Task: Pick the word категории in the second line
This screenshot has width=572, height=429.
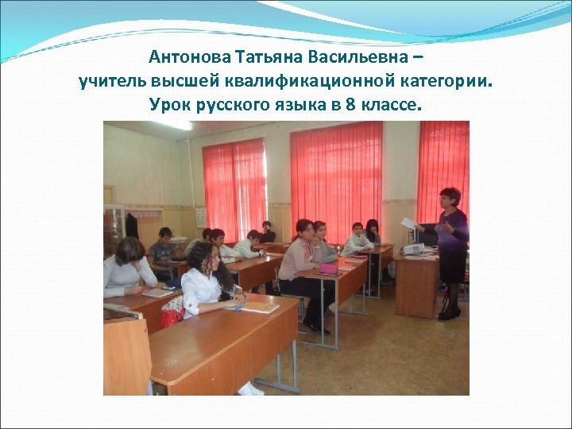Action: click(452, 82)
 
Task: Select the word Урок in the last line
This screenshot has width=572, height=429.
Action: click(168, 105)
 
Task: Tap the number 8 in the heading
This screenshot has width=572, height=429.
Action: click(351, 105)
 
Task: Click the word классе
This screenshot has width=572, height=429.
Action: click(391, 105)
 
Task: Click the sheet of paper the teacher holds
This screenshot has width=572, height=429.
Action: click(408, 223)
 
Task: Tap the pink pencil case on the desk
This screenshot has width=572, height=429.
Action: click(328, 269)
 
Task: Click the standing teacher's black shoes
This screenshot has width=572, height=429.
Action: click(448, 313)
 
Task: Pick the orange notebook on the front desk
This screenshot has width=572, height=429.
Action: click(258, 303)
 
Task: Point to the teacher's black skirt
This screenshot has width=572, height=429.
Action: click(453, 266)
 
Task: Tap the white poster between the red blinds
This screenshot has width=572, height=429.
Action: click(201, 217)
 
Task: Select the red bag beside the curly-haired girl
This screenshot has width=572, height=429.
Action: click(172, 318)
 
